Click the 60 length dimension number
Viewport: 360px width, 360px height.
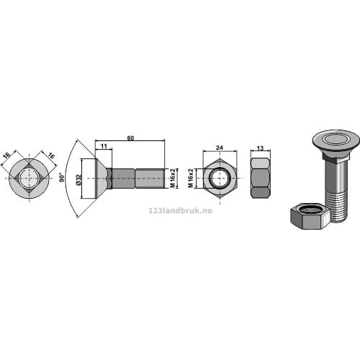point(130,138)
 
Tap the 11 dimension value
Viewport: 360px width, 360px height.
point(104,146)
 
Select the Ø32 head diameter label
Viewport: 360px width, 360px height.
point(78,180)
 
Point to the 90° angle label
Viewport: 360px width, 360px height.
point(62,177)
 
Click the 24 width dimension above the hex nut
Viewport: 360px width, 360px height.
point(220,148)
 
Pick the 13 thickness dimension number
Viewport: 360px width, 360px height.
point(260,148)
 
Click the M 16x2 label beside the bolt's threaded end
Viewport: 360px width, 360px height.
point(172,179)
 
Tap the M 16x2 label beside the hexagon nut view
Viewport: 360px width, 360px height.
point(191,179)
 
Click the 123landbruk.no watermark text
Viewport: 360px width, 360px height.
point(181,211)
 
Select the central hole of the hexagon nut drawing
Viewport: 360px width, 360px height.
point(220,179)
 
